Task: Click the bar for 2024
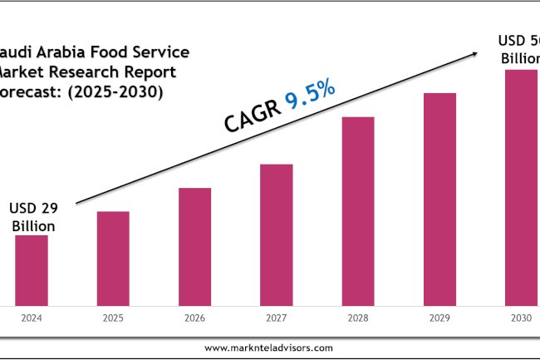tap(32, 270)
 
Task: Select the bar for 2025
tap(113, 259)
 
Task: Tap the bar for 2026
tap(194, 247)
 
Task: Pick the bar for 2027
tap(277, 235)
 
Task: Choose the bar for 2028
tap(358, 211)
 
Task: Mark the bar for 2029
tap(439, 200)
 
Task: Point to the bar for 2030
tap(521, 188)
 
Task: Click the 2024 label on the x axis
tap(32, 318)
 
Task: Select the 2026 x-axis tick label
tap(194, 318)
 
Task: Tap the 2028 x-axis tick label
tap(358, 318)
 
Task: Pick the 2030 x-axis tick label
tap(521, 318)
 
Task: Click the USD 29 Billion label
tap(32, 217)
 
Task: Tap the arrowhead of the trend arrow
tap(475, 53)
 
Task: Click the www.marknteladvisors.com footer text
tap(269, 348)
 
